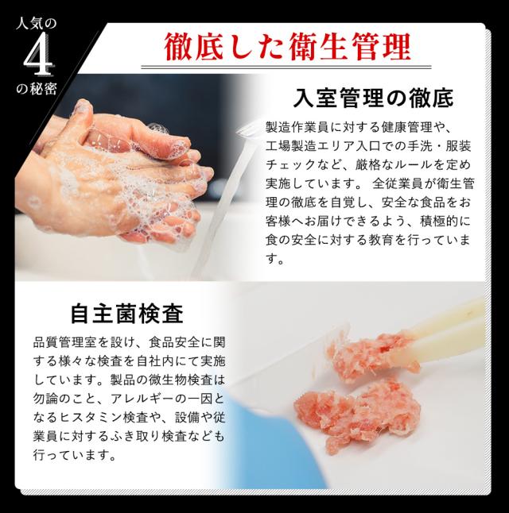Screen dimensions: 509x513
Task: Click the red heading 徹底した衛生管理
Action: pyautogui.click(x=287, y=47)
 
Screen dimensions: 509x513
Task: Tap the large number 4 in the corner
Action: pyautogui.click(x=37, y=56)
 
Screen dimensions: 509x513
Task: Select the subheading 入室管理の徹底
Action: pyautogui.click(x=373, y=98)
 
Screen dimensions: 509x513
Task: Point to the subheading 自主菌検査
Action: pyautogui.click(x=126, y=314)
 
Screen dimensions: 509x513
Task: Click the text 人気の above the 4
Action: pyautogui.click(x=37, y=24)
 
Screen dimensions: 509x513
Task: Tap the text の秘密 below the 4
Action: pyautogui.click(x=37, y=88)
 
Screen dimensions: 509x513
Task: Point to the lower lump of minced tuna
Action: pyautogui.click(x=357, y=415)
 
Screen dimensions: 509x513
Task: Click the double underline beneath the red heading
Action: pyautogui.click(x=286, y=67)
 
